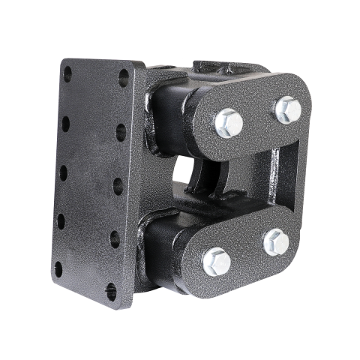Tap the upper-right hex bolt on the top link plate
point(288,110)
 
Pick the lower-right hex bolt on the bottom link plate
point(276,241)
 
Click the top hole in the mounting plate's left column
point(67,73)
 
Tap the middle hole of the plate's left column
point(63,172)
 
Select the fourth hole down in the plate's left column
point(61,221)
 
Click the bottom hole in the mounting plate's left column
point(58,268)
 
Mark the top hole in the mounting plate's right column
point(123,77)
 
